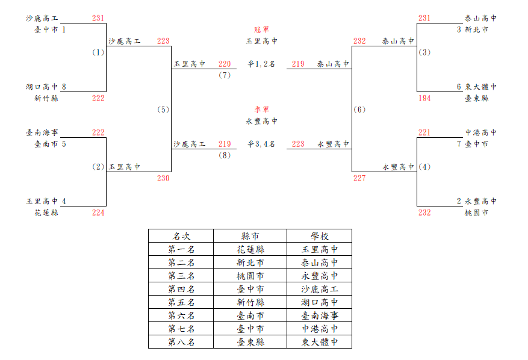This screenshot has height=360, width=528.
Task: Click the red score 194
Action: pos(424,98)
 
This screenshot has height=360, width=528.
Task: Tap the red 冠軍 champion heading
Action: pos(261,29)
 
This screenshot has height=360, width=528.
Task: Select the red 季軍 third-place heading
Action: pos(261,110)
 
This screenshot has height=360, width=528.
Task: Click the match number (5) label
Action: pos(163,110)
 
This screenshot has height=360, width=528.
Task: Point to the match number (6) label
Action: pos(359,110)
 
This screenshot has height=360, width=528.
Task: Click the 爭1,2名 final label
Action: pos(261,64)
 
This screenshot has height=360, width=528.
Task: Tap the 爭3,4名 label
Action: pos(261,144)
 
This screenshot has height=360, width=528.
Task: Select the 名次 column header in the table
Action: pos(181,236)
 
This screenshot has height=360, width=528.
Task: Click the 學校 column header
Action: pos(319,236)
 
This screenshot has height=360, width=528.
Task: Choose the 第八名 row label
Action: pos(181,342)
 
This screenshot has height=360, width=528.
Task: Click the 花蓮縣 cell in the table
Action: pos(250,250)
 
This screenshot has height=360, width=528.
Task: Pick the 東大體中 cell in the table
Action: pos(319,342)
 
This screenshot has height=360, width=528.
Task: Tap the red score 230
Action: pos(163,178)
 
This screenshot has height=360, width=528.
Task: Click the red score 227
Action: pos(359,178)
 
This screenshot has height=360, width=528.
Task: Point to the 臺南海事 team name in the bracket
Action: pos(42,132)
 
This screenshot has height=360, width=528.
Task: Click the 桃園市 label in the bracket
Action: pos(476,213)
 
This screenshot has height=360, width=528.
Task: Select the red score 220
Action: pos(225,64)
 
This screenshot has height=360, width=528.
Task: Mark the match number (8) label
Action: pos(225,155)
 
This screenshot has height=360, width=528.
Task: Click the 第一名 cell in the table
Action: pos(181,250)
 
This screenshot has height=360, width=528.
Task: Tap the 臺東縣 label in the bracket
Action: pos(476,98)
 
